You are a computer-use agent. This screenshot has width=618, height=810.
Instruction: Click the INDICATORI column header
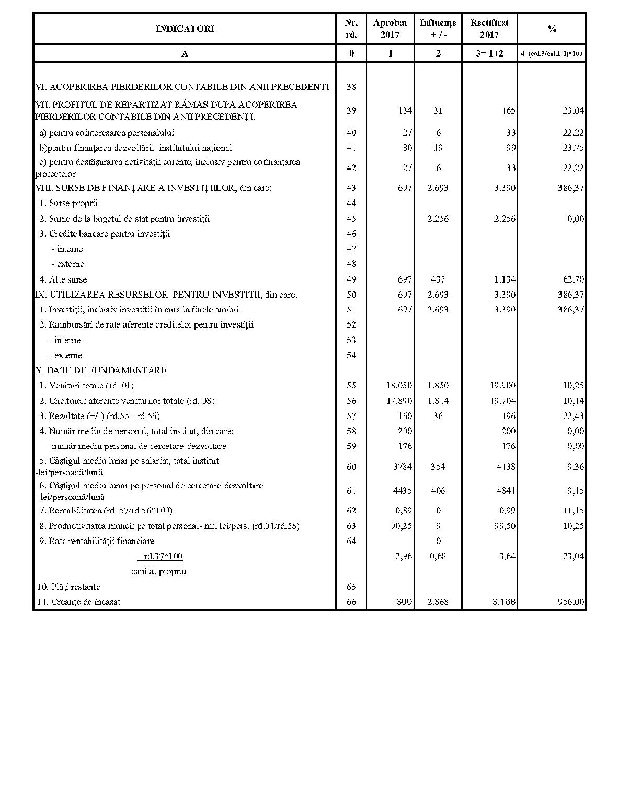point(185,29)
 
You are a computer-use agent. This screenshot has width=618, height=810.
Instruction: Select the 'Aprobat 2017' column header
point(390,29)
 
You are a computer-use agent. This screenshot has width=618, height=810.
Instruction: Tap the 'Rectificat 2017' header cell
point(489,29)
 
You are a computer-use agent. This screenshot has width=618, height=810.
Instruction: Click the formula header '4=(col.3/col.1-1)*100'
point(552,53)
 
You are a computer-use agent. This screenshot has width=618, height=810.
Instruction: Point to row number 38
point(351,87)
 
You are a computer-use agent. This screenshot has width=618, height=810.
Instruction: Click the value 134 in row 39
point(405,110)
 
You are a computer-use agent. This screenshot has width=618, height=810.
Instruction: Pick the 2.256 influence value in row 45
point(438,219)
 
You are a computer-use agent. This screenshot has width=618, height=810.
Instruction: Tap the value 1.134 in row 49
point(505,279)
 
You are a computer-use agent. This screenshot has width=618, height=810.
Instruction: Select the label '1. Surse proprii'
point(68,203)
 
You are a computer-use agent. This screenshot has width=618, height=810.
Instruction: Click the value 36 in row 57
point(438,416)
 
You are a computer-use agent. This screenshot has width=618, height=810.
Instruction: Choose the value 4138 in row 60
point(506,466)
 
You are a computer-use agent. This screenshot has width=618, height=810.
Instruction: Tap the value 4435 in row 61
point(402,491)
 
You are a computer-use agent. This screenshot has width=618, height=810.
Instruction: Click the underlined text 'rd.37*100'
point(164,556)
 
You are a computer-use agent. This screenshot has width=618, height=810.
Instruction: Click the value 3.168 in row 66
point(505,602)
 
